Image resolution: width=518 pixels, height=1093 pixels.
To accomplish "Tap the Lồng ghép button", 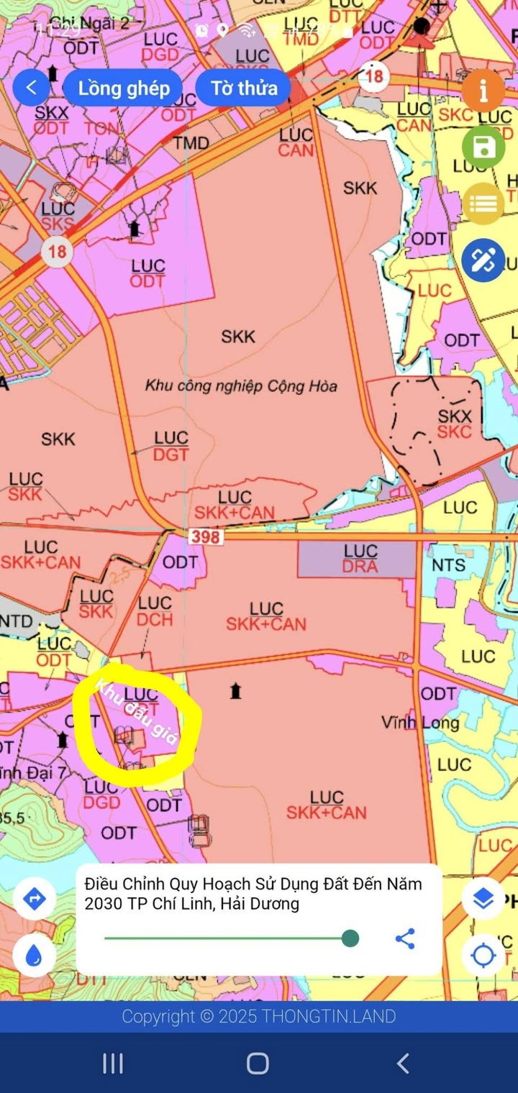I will [124, 88].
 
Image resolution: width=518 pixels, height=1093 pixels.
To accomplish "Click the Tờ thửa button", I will [244, 88].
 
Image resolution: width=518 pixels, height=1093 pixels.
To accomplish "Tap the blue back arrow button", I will [31, 88].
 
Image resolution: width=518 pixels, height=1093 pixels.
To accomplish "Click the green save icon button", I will [483, 149].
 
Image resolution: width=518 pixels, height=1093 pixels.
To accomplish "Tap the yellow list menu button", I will [483, 204].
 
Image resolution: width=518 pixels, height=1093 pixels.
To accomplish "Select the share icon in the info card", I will [405, 938].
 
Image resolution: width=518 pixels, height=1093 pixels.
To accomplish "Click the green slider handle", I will [350, 938].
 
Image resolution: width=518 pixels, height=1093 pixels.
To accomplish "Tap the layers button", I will [483, 898].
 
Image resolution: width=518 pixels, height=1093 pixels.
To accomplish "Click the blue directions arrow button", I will [34, 899].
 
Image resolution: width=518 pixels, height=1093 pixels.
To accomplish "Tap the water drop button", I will [34, 956].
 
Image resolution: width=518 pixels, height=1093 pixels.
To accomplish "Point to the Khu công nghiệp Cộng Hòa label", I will [241, 385].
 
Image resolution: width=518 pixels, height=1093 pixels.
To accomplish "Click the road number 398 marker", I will [206, 536].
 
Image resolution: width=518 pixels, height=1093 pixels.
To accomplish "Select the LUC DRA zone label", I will [360, 558].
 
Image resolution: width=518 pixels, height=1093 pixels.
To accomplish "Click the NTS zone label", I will [448, 564].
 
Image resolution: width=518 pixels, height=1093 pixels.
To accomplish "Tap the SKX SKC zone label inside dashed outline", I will [455, 424].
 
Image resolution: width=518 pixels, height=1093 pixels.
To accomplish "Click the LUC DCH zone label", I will [155, 610].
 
